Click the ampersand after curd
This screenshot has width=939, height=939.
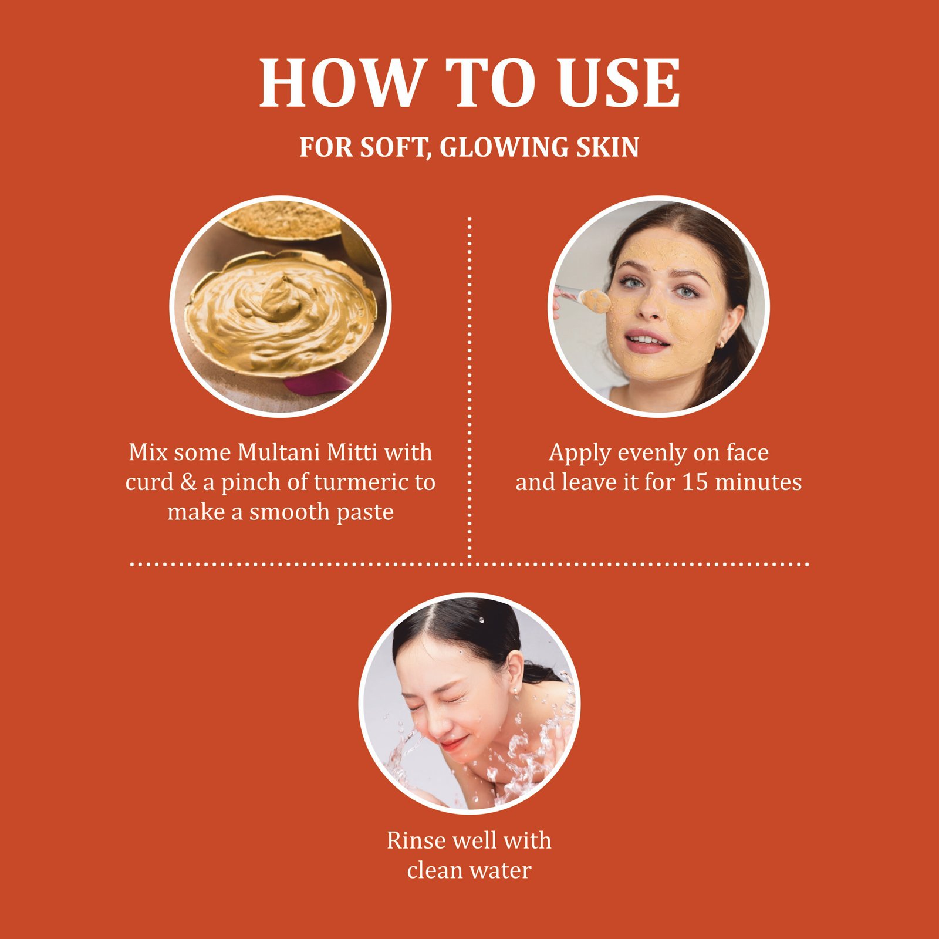[x=188, y=482]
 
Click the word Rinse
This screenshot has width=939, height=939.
[x=413, y=840]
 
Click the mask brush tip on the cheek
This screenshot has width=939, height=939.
[x=597, y=300]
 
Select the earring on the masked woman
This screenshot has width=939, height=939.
[x=721, y=342]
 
